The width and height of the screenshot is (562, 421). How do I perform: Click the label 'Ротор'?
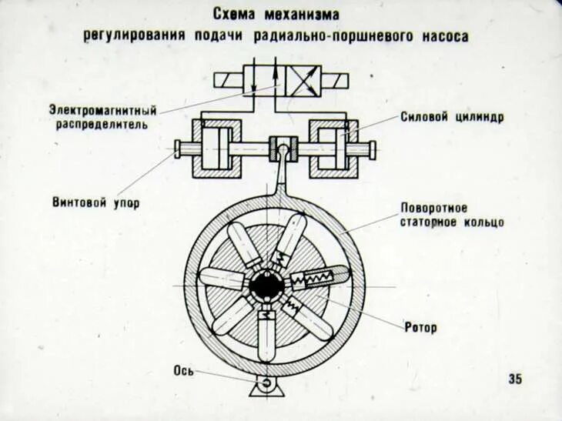(x=420, y=328)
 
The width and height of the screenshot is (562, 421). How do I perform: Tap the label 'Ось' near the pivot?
(x=182, y=371)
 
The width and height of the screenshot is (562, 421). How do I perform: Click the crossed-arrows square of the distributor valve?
(x=305, y=79)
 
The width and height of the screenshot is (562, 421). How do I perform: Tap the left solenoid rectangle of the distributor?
(x=228, y=80)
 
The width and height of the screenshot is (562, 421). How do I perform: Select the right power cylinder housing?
(x=330, y=147)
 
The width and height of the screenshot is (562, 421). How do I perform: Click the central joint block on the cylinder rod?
(x=282, y=147)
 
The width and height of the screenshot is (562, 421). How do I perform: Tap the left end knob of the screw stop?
(x=179, y=148)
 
